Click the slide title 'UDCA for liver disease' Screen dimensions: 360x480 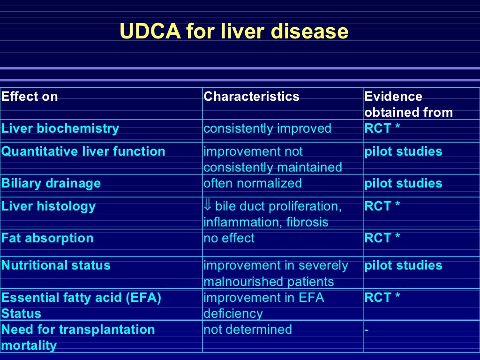point(234,32)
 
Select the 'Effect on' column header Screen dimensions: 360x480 point(30,97)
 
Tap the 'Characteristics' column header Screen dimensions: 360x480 point(251,97)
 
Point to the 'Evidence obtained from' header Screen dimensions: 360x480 point(408,105)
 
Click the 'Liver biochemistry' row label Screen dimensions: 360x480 point(60,128)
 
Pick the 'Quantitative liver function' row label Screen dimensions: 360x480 point(83,151)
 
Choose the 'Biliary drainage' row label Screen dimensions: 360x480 point(51,183)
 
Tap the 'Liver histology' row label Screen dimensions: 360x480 point(48,206)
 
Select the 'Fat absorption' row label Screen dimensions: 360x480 point(47,238)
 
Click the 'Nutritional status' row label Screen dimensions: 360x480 point(56,265)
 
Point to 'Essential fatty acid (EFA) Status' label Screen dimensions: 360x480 point(81,305)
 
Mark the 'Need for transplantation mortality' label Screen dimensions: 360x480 point(78,337)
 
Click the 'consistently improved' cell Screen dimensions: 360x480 point(267,128)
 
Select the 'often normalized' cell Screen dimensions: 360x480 point(252,183)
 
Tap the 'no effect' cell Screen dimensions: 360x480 point(229,238)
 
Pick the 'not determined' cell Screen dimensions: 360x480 point(247,330)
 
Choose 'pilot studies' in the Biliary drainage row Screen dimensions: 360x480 point(403,183)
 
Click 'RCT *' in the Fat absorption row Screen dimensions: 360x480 point(382,238)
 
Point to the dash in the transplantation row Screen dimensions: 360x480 point(367,330)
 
